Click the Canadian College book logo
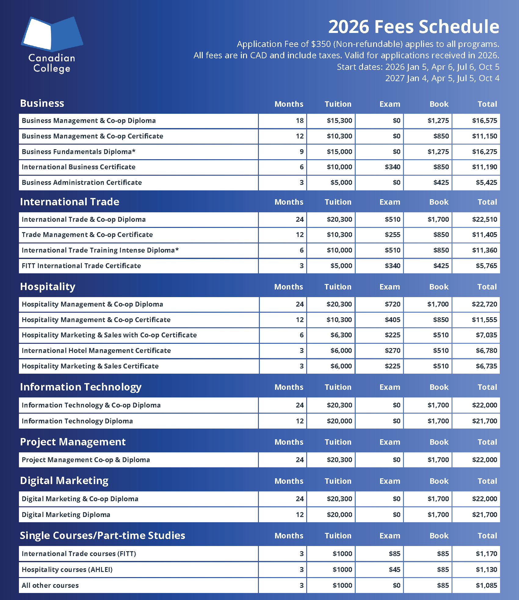(52, 34)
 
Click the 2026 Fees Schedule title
(413, 27)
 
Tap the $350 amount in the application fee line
(321, 44)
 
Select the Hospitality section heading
(48, 287)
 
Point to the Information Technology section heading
(81, 387)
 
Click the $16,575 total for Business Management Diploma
(485, 121)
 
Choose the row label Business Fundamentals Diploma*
(78, 152)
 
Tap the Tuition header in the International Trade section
(338, 202)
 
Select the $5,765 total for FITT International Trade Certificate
(486, 266)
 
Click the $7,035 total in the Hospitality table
(486, 335)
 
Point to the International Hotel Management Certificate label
(96, 350)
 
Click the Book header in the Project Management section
(439, 442)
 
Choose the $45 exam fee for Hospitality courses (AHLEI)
(394, 569)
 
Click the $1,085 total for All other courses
(486, 585)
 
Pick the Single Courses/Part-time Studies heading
(103, 536)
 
